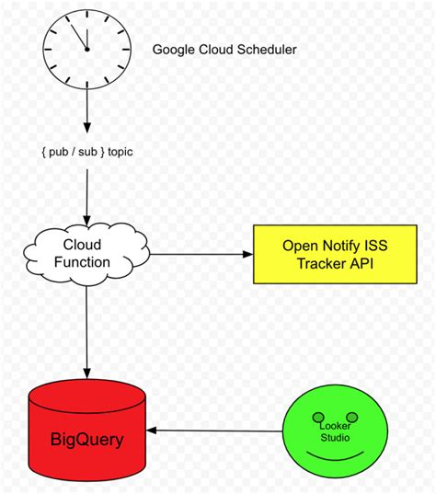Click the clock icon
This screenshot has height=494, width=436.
(86, 49)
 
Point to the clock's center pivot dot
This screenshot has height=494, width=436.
(86, 50)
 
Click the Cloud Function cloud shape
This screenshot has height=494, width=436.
(87, 253)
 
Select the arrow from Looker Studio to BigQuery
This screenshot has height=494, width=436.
(218, 431)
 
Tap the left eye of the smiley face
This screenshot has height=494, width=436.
(316, 416)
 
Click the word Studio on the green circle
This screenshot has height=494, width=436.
(335, 437)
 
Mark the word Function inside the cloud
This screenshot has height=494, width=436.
(87, 262)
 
